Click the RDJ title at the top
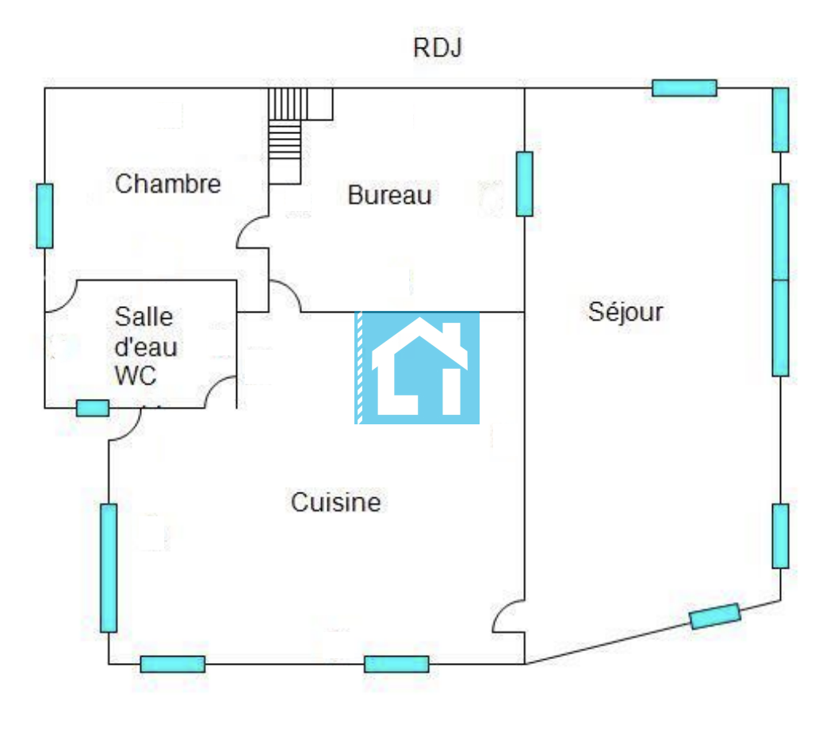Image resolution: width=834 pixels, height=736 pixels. point(438,48)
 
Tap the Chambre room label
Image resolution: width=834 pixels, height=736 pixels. point(168,184)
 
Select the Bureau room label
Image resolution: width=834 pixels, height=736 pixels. point(389,195)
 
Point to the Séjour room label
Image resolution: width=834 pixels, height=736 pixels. point(625,312)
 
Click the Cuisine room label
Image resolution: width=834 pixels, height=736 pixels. point(336,502)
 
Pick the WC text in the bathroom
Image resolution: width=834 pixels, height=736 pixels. point(136,375)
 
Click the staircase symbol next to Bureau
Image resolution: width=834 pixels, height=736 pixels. point(287,135)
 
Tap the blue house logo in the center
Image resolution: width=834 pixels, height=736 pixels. point(417,367)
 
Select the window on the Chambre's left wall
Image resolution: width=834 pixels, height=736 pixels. point(44,216)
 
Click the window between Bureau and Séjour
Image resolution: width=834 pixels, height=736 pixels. point(524,184)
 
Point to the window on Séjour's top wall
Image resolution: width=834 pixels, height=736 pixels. point(684,88)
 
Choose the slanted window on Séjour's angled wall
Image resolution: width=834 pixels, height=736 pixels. point(715,616)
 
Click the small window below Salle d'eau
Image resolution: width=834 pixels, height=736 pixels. point(93,408)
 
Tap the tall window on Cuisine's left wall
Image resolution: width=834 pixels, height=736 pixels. point(109,568)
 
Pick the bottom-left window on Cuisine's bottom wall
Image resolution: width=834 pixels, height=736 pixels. point(173,664)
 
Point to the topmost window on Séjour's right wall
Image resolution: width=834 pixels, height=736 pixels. point(780,120)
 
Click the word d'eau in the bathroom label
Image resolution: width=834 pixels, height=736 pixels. point(146,347)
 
